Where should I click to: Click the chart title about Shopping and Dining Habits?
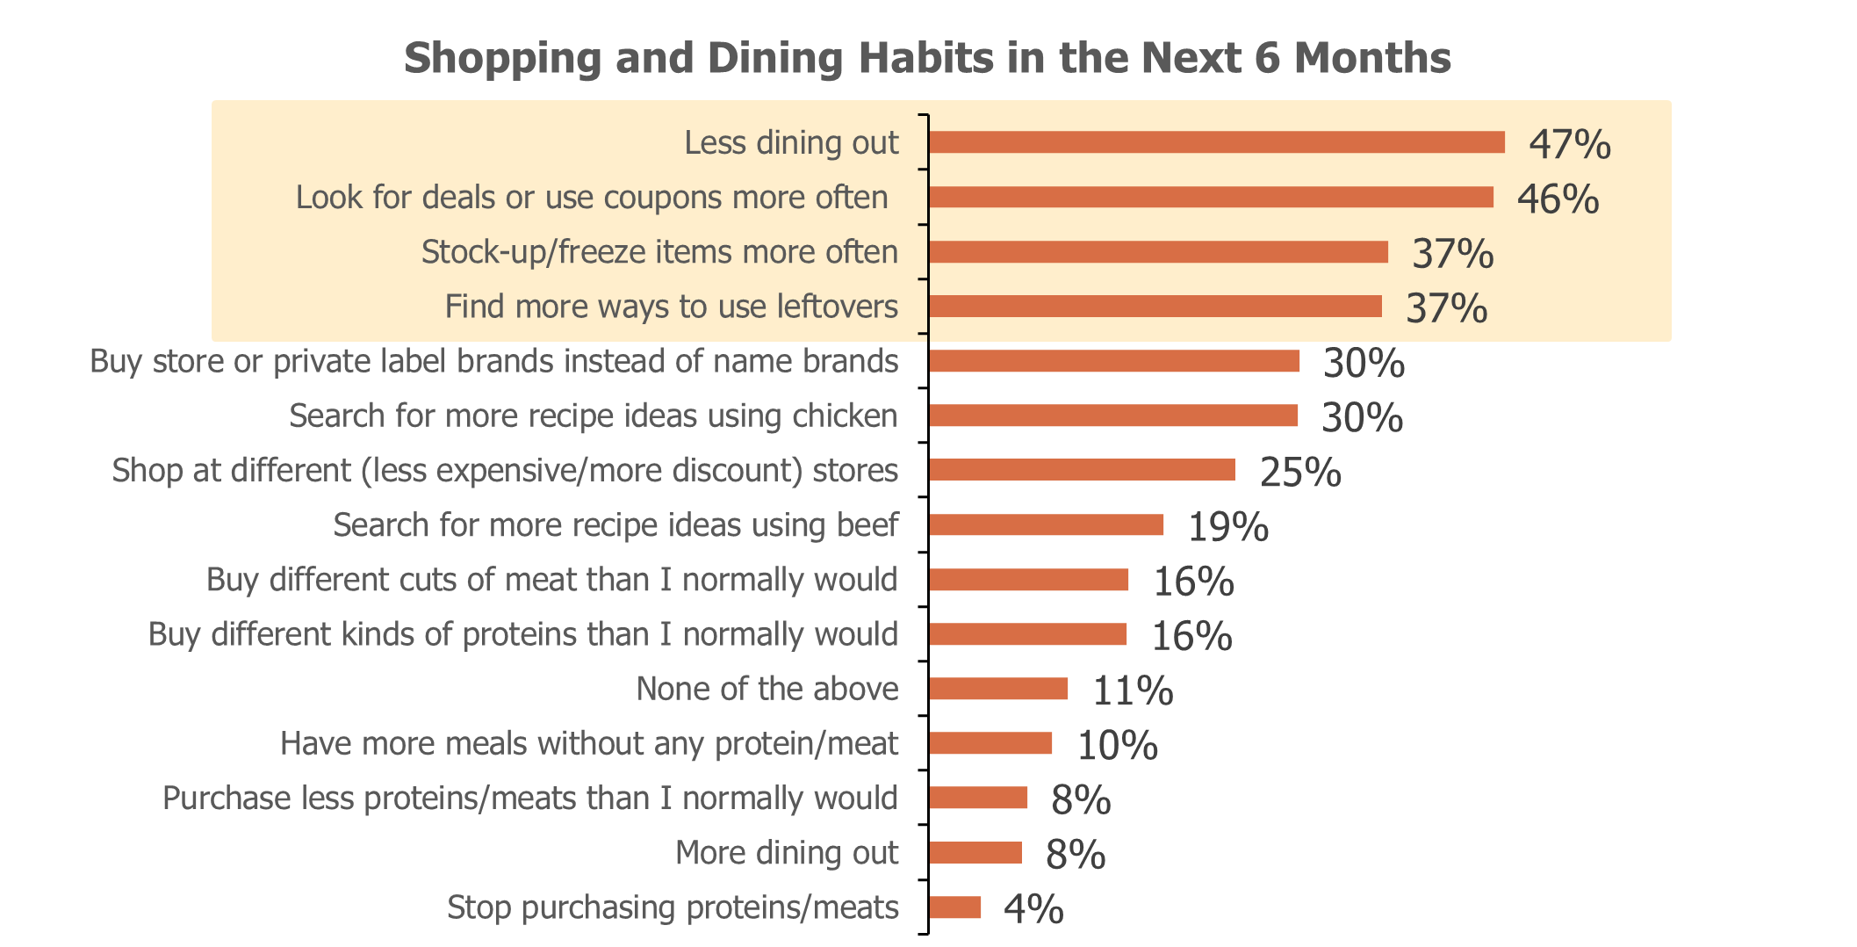tap(927, 59)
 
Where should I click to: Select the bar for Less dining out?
tap(1217, 142)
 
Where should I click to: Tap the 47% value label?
tap(1570, 144)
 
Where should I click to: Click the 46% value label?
tap(1558, 199)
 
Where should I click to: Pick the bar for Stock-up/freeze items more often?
tap(1158, 252)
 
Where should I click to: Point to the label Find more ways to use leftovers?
tap(672, 307)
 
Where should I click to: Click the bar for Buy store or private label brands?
tap(1114, 361)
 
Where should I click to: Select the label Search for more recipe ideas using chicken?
tap(594, 416)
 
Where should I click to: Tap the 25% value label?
tap(1300, 473)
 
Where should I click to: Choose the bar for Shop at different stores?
tap(1082, 470)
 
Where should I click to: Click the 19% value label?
tap(1228, 527)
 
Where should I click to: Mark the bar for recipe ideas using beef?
tap(1047, 525)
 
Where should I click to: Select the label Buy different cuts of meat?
tap(552, 580)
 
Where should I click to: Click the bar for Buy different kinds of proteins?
tap(1028, 634)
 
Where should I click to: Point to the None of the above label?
tap(767, 689)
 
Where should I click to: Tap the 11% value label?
tap(1133, 690)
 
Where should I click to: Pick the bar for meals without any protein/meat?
tap(990, 743)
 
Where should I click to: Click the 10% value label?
tap(1117, 745)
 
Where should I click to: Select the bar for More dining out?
tap(975, 853)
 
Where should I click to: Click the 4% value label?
tap(1033, 909)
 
